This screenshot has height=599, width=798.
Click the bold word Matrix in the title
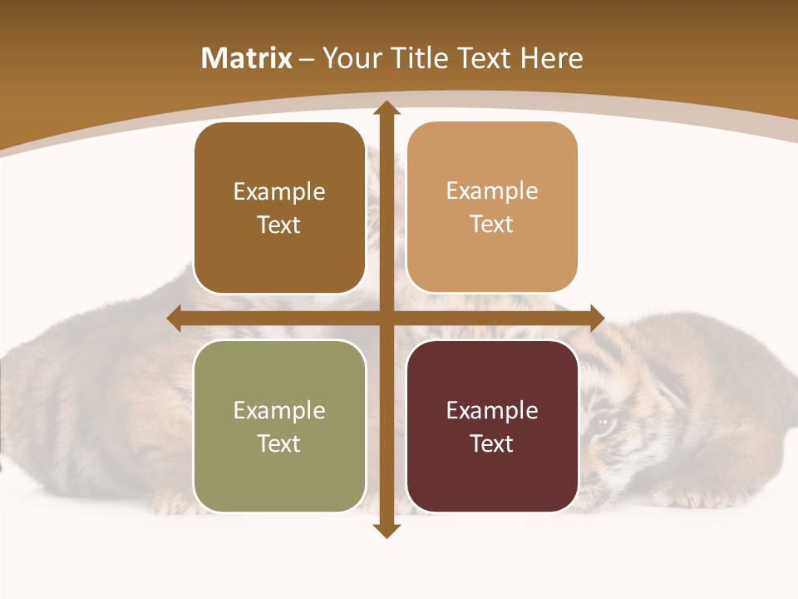[247, 58]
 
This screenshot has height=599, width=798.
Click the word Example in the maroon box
[492, 410]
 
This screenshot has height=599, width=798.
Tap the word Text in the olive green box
[279, 443]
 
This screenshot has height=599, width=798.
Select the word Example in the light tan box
[492, 191]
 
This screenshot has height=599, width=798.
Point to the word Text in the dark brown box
[279, 225]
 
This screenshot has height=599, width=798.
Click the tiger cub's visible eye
[601, 425]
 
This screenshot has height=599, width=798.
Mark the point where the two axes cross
[385, 319]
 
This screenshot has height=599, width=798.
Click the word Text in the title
[485, 58]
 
